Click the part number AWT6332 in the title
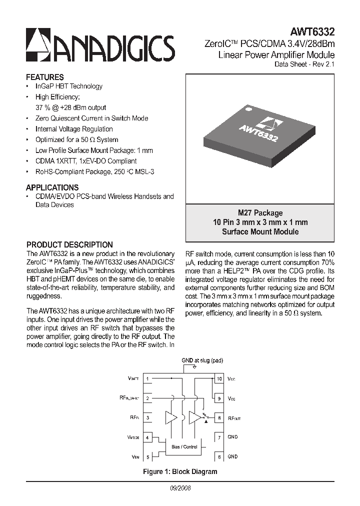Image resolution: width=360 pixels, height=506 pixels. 313,31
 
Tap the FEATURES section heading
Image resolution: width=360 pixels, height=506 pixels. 45,77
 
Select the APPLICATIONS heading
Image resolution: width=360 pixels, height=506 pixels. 52,187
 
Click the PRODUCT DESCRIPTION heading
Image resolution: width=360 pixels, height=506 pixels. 69,245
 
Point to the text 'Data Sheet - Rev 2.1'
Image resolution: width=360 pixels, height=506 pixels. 304,64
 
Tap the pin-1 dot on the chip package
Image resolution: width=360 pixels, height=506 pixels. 246,107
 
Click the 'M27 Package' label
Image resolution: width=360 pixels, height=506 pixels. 260,213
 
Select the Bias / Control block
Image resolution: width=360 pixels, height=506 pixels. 184,446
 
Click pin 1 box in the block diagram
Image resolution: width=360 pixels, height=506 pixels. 148,379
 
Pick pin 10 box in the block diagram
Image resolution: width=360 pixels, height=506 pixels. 218,379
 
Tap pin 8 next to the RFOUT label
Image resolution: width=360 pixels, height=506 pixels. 218,417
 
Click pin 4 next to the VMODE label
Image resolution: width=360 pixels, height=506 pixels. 148,437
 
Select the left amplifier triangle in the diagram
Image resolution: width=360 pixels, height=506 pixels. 171,417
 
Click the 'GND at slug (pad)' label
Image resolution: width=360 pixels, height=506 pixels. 202,360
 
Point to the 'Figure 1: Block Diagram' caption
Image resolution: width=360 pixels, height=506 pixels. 180,471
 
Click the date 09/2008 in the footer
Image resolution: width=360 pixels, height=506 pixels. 180,487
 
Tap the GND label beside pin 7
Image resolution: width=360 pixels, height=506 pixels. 232,437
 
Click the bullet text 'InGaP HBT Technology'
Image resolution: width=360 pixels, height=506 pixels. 68,86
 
